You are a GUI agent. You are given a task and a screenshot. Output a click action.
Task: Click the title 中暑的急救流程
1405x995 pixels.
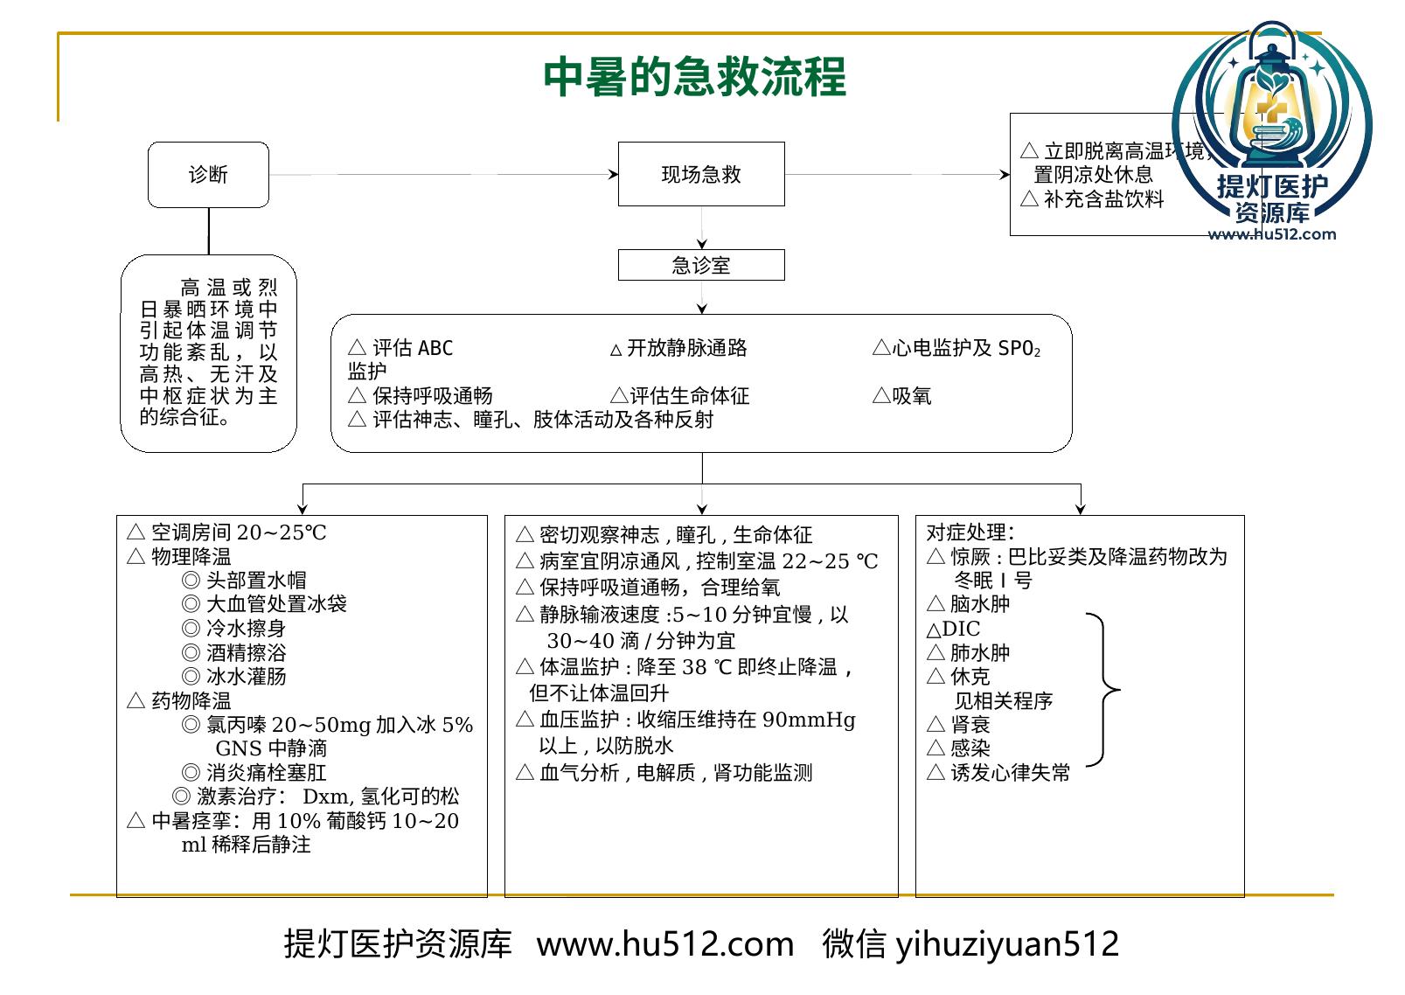tap(694, 77)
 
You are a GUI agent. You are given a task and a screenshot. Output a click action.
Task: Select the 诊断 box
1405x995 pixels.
tap(208, 174)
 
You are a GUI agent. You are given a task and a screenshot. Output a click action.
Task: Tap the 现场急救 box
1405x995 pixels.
tap(701, 174)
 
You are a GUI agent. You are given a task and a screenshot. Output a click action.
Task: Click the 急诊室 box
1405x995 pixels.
tap(701, 265)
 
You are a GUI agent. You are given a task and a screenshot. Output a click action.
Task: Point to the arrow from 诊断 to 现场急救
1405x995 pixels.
tap(443, 174)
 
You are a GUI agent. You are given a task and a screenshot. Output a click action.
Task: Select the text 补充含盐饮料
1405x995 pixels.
tap(1103, 198)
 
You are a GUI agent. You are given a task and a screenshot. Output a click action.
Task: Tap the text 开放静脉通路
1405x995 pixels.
tap(687, 348)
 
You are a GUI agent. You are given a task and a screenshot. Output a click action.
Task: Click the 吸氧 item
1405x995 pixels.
tap(911, 396)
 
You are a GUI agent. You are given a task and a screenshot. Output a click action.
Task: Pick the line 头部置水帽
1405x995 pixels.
tap(256, 581)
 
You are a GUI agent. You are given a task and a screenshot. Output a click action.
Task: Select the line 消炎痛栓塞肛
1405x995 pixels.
tap(267, 772)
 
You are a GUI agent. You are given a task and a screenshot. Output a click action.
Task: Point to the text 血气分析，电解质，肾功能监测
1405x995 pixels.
tap(676, 772)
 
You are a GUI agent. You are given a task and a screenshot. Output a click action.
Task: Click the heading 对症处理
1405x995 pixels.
tap(970, 532)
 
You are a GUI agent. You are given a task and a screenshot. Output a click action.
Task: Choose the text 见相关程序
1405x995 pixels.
tap(1003, 700)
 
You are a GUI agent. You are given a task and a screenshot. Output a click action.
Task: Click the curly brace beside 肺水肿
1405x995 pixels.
tap(1103, 690)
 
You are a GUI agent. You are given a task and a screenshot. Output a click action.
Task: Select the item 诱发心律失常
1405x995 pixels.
tap(1010, 772)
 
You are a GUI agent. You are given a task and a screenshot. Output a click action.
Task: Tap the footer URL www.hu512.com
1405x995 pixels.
tap(664, 944)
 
